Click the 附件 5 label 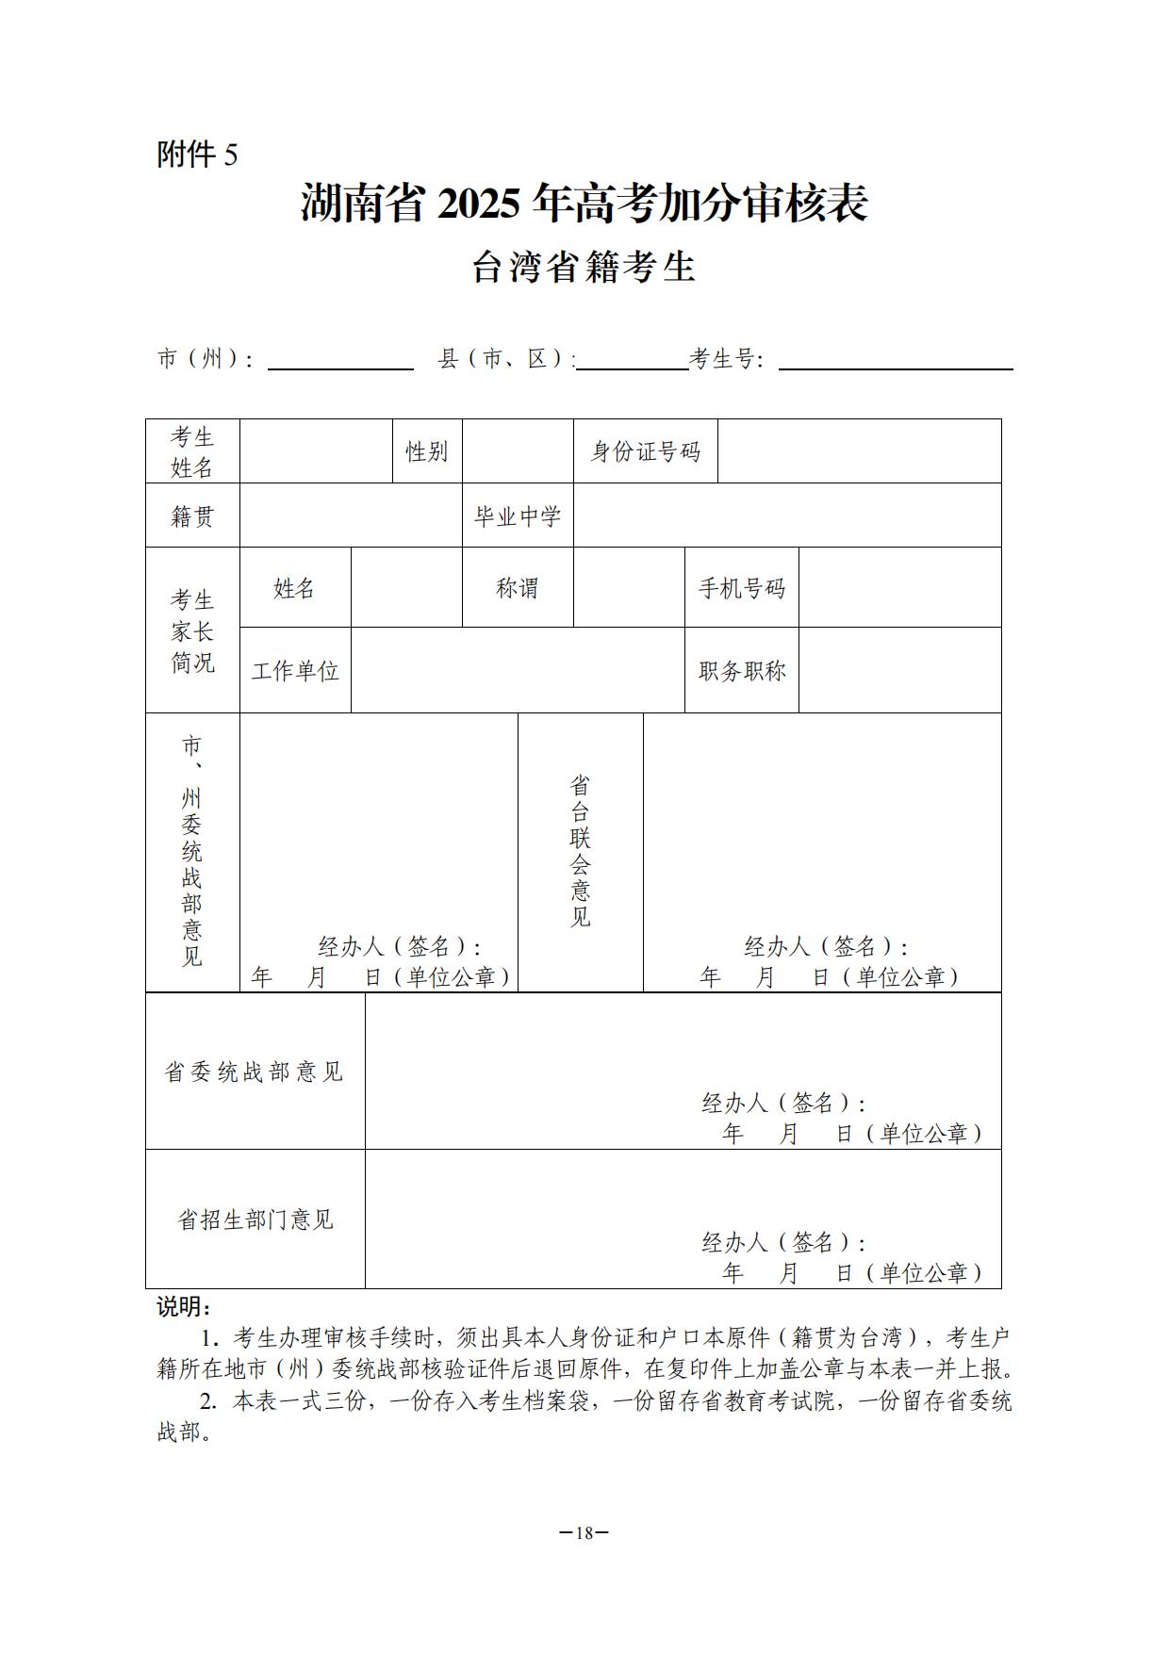(x=197, y=154)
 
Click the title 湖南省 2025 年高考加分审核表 (x=584, y=204)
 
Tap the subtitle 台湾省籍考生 (x=584, y=268)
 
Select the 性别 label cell (x=426, y=451)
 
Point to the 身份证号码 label (x=645, y=451)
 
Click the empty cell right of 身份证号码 (x=859, y=451)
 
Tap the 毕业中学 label (x=518, y=516)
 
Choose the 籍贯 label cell (x=192, y=516)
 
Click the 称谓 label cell (x=518, y=588)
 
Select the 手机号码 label (x=741, y=588)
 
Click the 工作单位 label (x=295, y=671)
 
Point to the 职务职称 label (x=741, y=671)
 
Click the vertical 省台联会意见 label (x=580, y=851)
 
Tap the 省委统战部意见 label (x=255, y=1072)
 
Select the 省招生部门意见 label (x=255, y=1219)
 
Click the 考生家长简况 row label (x=192, y=630)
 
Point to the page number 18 (x=584, y=1532)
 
